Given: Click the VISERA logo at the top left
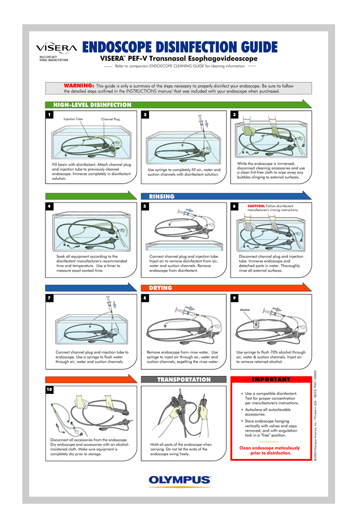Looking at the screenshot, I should point(56,48).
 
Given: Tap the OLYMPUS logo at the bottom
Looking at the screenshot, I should point(180,480).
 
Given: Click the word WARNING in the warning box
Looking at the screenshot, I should point(78,85).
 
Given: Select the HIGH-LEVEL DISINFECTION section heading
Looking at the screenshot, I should point(90,105).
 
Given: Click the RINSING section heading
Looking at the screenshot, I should point(161,196).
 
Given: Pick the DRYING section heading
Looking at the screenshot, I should point(160,288).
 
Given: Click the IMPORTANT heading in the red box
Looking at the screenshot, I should point(271,379).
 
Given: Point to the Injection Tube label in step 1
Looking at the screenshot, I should point(73,119).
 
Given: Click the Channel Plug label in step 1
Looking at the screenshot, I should point(110,120).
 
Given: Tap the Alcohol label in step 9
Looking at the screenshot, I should point(244,310).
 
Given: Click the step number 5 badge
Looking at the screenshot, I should point(145,206).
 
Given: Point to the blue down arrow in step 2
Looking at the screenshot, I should point(206,124).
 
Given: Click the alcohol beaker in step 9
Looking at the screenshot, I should point(255,324).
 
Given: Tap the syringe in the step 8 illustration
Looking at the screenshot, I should point(186,312).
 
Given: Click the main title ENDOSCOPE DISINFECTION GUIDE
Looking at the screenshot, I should point(180,47).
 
